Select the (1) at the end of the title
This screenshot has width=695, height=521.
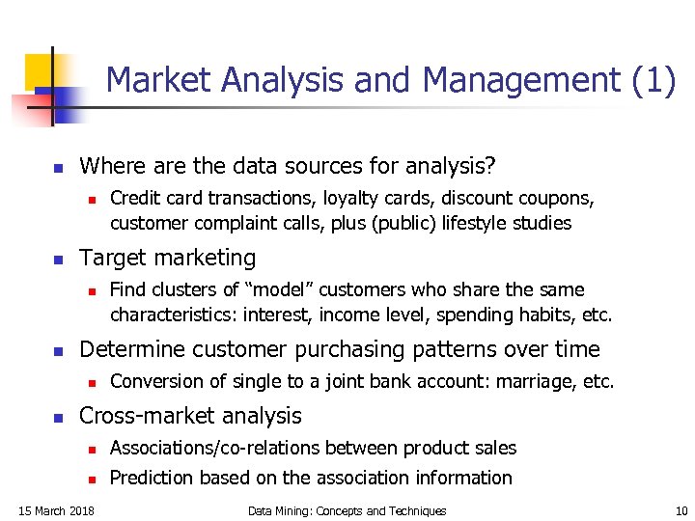point(654,80)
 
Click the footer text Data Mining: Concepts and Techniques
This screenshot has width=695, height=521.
point(347,510)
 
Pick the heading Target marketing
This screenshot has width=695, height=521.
point(168,258)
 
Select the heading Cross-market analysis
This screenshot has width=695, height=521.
point(190,416)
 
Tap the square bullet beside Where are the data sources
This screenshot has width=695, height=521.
point(57,168)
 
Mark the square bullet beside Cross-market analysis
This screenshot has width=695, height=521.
point(57,418)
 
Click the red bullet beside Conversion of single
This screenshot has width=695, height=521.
point(89,382)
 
